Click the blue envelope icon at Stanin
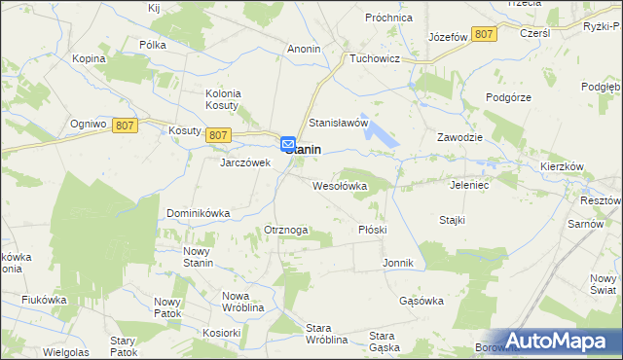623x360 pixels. click(x=289, y=144)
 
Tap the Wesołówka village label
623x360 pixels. click(x=339, y=185)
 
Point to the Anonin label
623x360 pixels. click(x=305, y=48)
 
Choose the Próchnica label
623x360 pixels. click(x=389, y=18)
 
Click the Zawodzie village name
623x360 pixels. click(x=460, y=137)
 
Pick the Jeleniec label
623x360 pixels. click(x=472, y=184)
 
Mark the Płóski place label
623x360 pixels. click(x=373, y=230)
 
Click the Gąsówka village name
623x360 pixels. click(x=421, y=301)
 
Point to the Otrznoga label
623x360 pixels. click(x=286, y=230)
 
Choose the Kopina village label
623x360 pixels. click(x=89, y=58)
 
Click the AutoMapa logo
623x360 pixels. click(x=560, y=340)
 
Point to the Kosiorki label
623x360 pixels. click(x=221, y=332)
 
